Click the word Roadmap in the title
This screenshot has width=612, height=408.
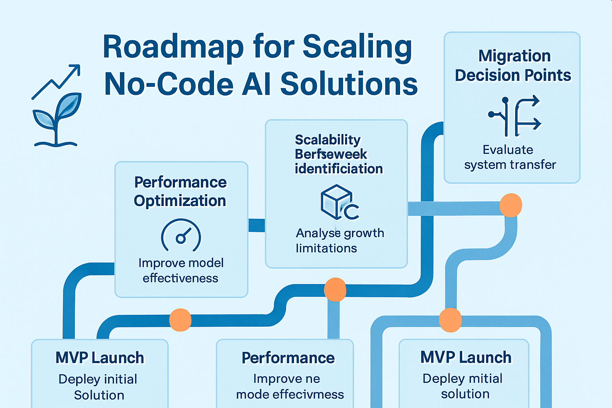(x=173, y=47)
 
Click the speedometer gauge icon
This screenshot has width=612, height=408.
(x=181, y=235)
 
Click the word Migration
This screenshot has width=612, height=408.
(x=514, y=56)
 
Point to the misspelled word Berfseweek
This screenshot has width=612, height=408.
(x=331, y=154)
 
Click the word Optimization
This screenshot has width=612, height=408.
(x=180, y=201)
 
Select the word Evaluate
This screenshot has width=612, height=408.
(x=508, y=150)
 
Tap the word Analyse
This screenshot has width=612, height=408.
(x=318, y=233)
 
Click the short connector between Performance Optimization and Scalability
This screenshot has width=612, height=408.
(x=257, y=225)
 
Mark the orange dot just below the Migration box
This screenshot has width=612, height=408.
(x=510, y=205)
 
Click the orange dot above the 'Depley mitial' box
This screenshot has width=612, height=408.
(x=450, y=320)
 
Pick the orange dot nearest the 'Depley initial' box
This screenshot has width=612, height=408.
(x=180, y=320)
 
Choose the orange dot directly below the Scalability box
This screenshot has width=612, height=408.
(x=335, y=289)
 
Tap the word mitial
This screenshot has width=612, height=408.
(x=484, y=379)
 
